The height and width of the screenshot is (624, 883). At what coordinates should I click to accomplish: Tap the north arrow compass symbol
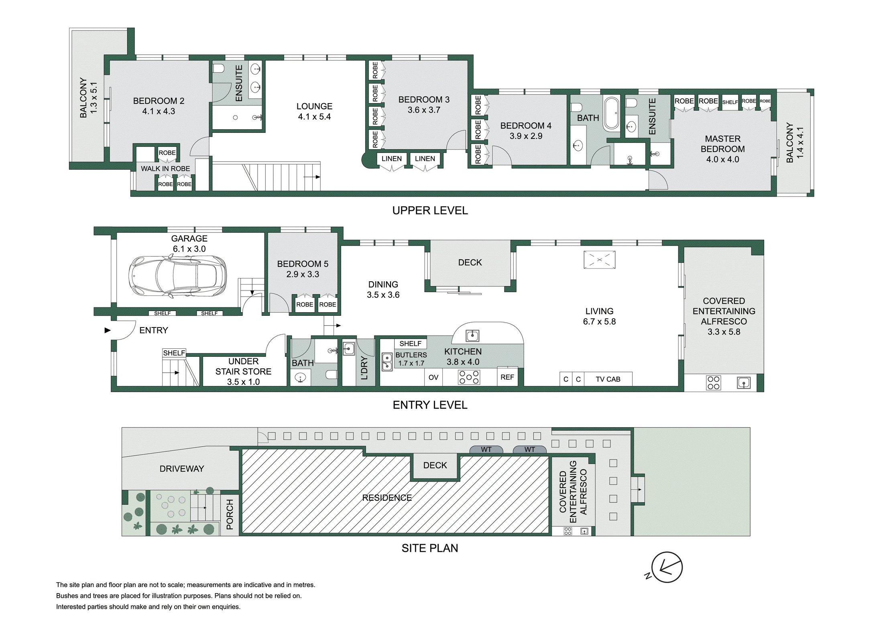coord(667,567)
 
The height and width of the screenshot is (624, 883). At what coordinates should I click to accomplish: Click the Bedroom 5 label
coord(303,269)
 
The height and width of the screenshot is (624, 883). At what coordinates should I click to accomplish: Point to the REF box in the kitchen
coord(507,377)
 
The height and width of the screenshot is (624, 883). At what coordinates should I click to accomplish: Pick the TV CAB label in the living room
coord(608,379)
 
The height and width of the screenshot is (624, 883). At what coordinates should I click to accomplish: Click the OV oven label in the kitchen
coord(433,378)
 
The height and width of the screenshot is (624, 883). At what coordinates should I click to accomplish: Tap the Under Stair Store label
coord(243,372)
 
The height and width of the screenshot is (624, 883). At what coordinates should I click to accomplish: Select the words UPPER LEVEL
coord(430,210)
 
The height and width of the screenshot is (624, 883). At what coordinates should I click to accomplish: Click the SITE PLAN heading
coord(430,548)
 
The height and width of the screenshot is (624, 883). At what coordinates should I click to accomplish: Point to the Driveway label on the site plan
coord(182,469)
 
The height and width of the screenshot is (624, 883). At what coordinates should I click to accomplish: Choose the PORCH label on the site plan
coord(230,514)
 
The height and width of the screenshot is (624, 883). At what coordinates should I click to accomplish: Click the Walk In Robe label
coord(165,169)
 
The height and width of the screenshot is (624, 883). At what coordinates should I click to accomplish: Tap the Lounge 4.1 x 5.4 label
coord(314,112)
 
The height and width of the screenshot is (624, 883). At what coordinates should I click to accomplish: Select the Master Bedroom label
coord(722,149)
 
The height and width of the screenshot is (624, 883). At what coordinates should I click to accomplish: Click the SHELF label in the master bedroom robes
coord(730,102)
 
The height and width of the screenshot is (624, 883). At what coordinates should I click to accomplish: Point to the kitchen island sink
coord(472,335)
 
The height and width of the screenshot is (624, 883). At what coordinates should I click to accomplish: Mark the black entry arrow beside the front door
coord(107,330)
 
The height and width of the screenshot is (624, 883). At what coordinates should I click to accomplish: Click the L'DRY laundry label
coord(364,368)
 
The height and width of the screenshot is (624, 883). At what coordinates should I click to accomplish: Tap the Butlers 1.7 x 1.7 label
coord(411,359)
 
